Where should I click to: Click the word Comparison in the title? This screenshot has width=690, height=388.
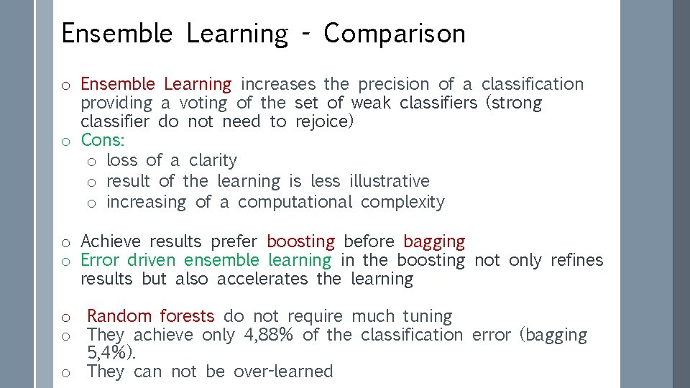pos(395,34)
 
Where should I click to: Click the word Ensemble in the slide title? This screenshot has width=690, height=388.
pos(117,34)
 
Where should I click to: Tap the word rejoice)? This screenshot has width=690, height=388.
pos(325,122)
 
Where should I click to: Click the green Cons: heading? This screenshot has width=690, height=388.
pos(103,140)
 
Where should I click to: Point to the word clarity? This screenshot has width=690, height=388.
pos(213,161)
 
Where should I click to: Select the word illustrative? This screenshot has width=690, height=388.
pos(389,181)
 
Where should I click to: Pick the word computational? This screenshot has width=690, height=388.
pos(295,203)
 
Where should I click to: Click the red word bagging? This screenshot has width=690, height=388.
pos(434,242)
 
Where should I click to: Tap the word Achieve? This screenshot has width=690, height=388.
pos(110,241)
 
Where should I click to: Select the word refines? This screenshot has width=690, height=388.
pos(577,260)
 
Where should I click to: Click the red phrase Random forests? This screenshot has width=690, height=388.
pos(151,316)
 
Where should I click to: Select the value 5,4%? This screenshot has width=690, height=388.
pos(110,354)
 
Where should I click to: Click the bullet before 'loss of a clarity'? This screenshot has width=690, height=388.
pos(92,161)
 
